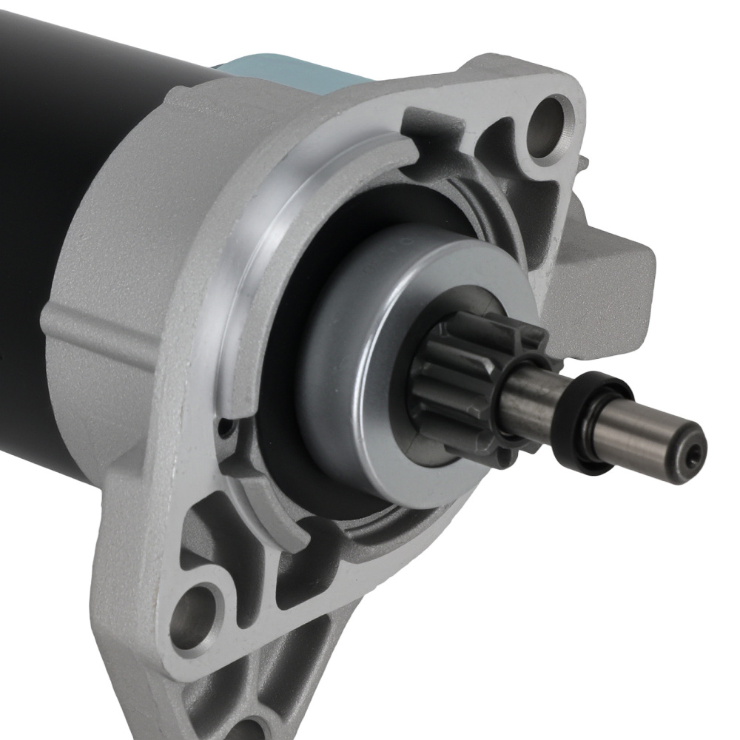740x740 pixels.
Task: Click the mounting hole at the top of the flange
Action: coord(552,115)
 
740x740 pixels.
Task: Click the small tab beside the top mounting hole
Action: coord(584,159)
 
